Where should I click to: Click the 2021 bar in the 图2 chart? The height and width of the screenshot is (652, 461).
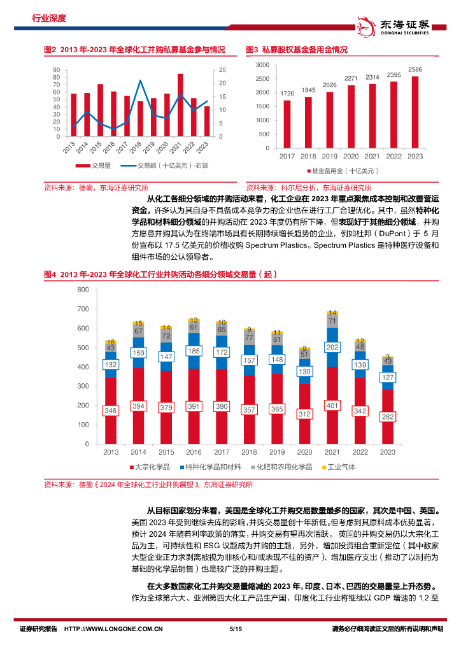tap(180, 105)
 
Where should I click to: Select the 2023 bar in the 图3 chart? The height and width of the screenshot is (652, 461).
tap(415, 111)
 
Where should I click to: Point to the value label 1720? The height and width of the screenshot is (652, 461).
tap(287, 93)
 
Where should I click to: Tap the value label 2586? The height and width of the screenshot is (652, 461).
tap(415, 69)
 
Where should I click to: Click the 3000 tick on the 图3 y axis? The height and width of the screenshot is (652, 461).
tap(263, 65)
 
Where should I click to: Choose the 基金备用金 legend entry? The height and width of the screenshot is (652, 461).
tap(343, 171)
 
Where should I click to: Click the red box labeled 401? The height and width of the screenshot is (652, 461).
tap(331, 405)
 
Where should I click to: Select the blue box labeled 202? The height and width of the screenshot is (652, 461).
tap(331, 347)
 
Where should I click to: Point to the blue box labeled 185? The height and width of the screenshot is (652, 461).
tap(194, 350)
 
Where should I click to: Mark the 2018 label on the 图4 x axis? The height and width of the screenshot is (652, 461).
tap(249, 452)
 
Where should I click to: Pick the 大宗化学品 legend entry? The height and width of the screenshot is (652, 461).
tap(149, 467)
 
